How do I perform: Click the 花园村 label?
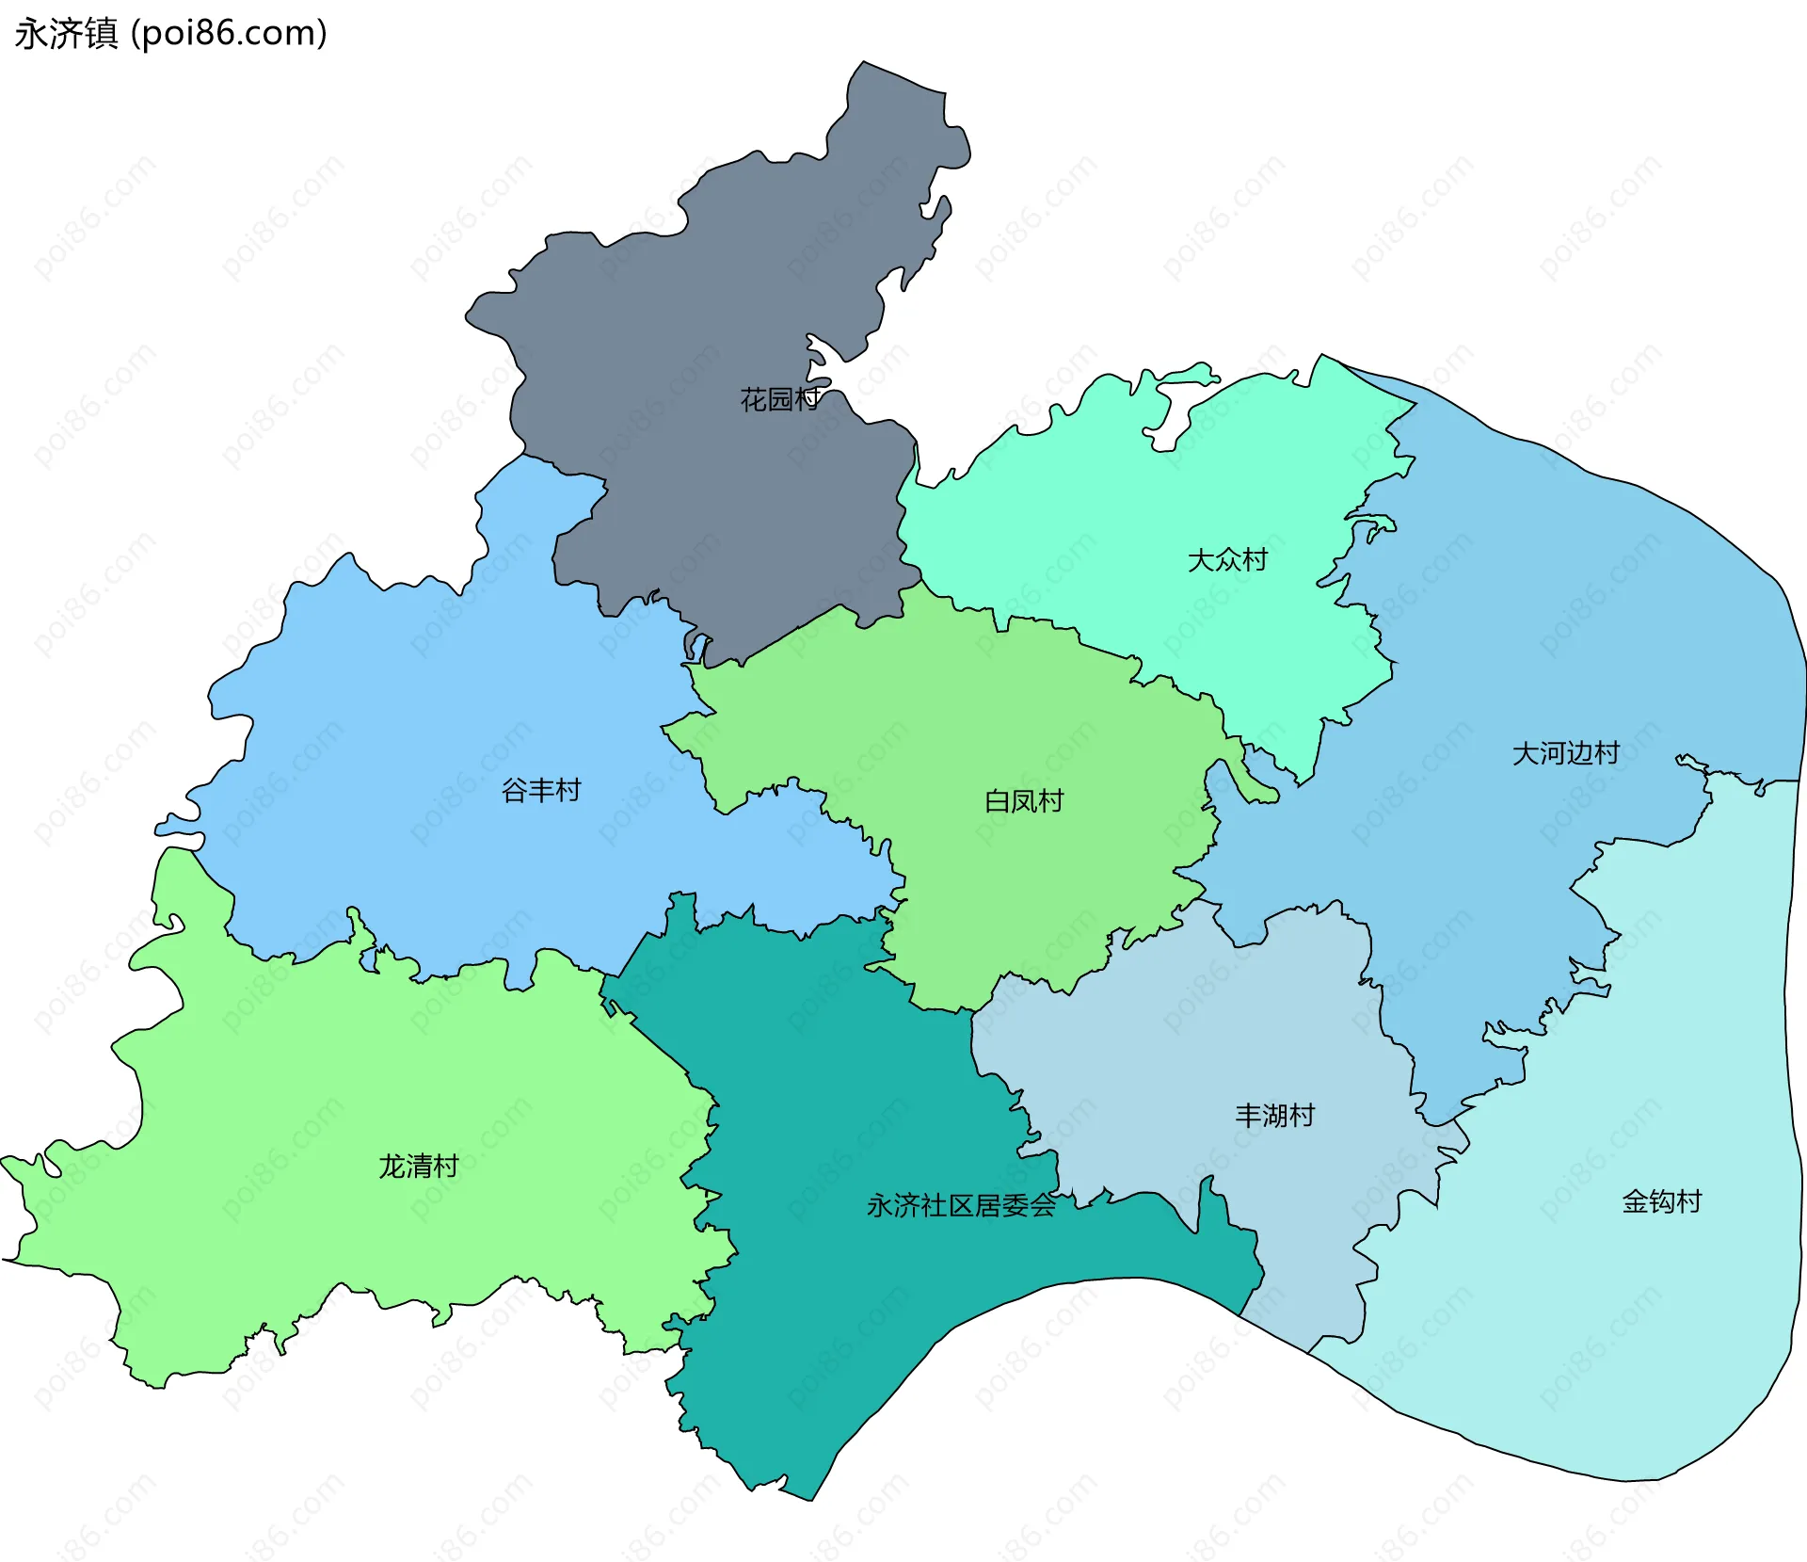779,399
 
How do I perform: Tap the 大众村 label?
1227,560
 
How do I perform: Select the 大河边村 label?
1565,753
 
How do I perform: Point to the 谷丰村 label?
541,790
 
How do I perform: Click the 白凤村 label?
1024,801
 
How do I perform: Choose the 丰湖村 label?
1274,1116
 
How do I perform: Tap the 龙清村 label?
418,1167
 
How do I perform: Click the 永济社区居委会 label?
961,1206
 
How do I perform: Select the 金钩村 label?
1662,1201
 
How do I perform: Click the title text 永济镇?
66,34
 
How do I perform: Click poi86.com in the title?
229,34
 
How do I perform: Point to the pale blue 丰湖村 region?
1223,1036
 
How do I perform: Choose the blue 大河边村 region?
1553,612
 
